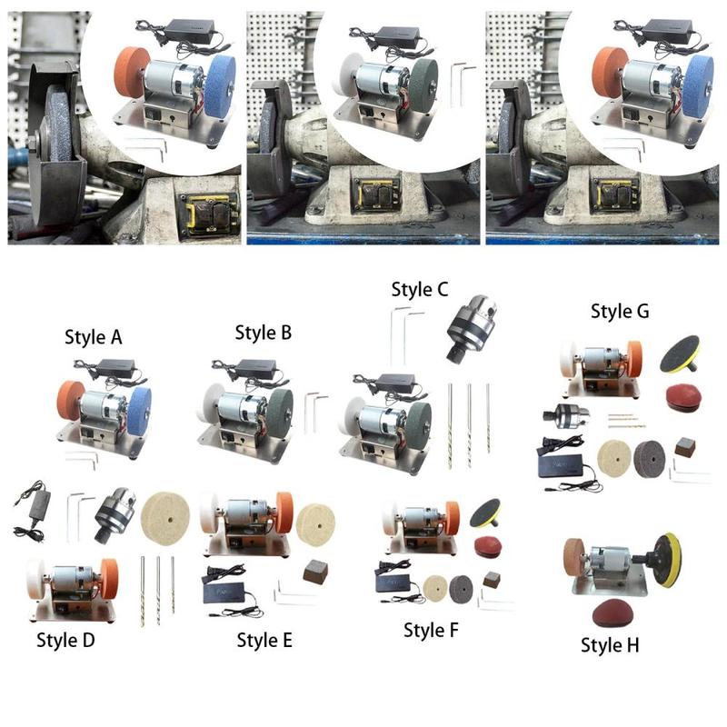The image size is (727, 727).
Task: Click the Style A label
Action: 94,337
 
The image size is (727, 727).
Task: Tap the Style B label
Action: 264,333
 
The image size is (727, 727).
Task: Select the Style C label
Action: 420,289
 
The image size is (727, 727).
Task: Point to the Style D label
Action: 65,640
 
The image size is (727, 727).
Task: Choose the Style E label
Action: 264,640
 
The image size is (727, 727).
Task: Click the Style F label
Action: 431,630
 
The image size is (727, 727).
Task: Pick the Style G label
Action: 620,311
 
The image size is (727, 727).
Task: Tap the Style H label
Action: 610,645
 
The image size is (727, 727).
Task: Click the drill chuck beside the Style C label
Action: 472,328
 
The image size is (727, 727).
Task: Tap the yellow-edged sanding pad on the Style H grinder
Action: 668,560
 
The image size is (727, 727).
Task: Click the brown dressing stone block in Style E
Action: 315,572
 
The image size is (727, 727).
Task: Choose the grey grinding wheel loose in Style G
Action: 650,459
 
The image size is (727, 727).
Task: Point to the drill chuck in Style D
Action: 115,515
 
